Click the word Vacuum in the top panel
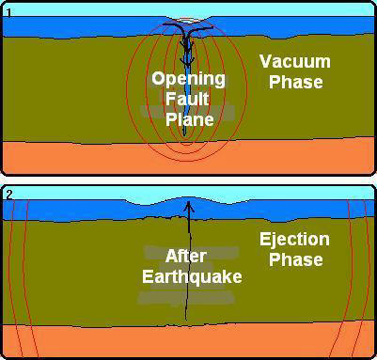point(295,61)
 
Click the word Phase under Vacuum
point(296,82)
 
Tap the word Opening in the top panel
point(188,80)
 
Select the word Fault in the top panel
point(187,99)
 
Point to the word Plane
point(190,119)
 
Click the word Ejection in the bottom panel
point(294,241)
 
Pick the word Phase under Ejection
point(296,259)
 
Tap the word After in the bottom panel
point(185,257)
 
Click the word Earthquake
point(192,276)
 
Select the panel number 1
point(8,13)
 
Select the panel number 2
point(9,195)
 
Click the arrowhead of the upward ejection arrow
point(188,206)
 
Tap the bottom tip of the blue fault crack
point(184,135)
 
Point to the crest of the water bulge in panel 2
point(187,197)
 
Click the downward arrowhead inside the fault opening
point(187,63)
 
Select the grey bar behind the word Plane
point(187,112)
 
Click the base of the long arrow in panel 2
point(186,320)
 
